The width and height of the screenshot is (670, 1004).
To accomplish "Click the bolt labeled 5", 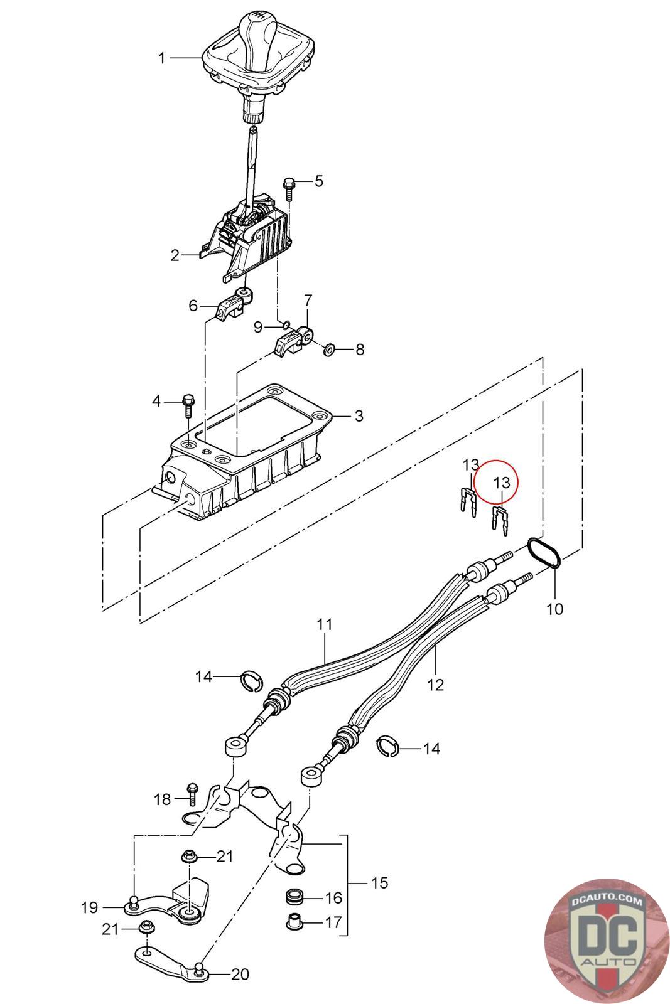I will point(289,186).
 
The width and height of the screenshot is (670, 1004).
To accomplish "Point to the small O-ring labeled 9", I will point(285,325).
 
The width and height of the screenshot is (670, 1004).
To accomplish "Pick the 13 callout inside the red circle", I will point(502,483).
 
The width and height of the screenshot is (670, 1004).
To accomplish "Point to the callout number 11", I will point(325,624).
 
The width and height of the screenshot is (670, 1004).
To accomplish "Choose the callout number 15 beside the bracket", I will point(379,883).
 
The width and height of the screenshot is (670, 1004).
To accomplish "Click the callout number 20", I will point(240,975).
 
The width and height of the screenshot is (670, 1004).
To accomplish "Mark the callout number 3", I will point(359,415).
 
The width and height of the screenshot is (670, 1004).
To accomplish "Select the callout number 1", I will point(162,58).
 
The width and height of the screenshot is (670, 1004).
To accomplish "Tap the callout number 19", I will point(89,907).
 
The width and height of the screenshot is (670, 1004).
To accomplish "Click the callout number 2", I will point(175,255).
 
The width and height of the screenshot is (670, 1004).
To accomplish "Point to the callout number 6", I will point(193,306).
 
